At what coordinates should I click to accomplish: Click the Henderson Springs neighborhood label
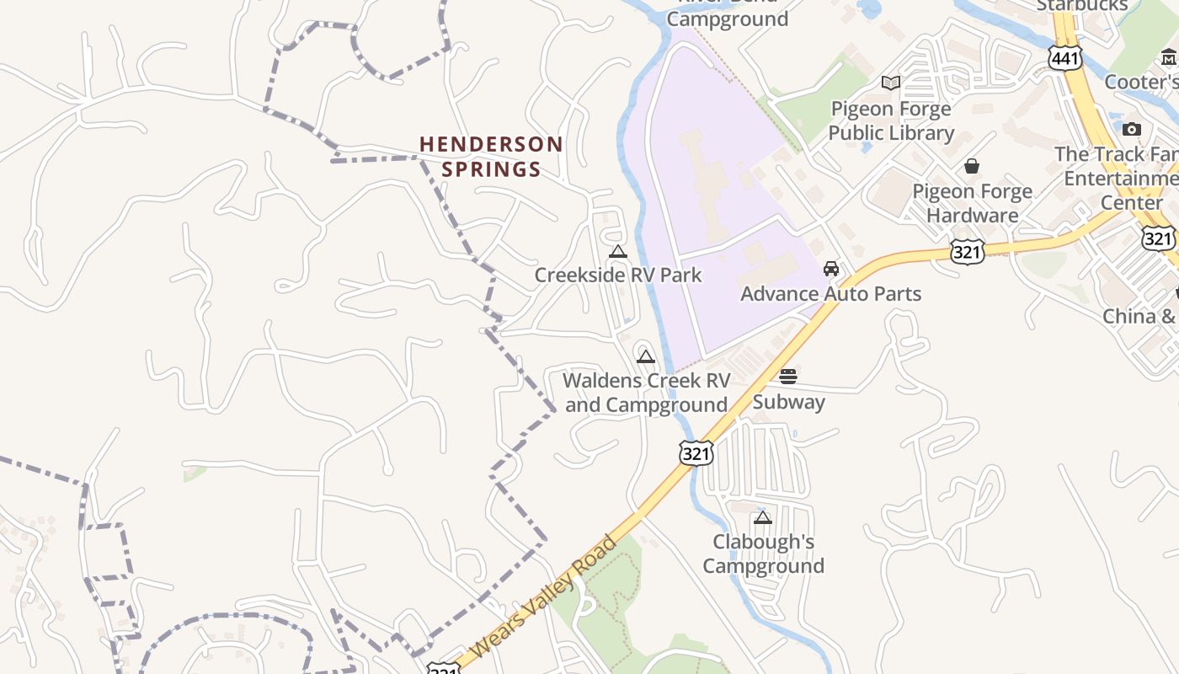[x=492, y=157]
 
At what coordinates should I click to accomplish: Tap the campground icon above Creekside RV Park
[x=618, y=251]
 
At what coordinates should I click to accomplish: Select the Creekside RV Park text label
[x=618, y=275]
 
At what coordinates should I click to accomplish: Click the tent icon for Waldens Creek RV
[x=646, y=356]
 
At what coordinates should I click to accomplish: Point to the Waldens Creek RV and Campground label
[x=646, y=393]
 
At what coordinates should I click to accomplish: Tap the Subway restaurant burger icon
[x=788, y=377]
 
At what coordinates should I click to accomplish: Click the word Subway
[x=788, y=402]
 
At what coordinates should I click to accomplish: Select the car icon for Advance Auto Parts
[x=831, y=269]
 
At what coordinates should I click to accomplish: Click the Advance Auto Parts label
[x=830, y=294]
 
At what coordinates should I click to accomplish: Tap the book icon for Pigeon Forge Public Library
[x=891, y=83]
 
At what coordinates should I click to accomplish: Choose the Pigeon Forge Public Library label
[x=891, y=120]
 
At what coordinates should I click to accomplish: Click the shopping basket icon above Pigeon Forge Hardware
[x=972, y=166]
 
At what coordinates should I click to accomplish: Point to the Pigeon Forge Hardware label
[x=972, y=203]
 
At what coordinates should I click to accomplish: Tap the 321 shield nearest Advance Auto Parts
[x=968, y=251]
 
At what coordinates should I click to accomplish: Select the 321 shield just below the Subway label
[x=696, y=452]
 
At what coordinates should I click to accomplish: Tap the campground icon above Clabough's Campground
[x=763, y=517]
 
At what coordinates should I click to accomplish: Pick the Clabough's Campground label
[x=763, y=554]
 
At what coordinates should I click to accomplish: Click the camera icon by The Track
[x=1132, y=129]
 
